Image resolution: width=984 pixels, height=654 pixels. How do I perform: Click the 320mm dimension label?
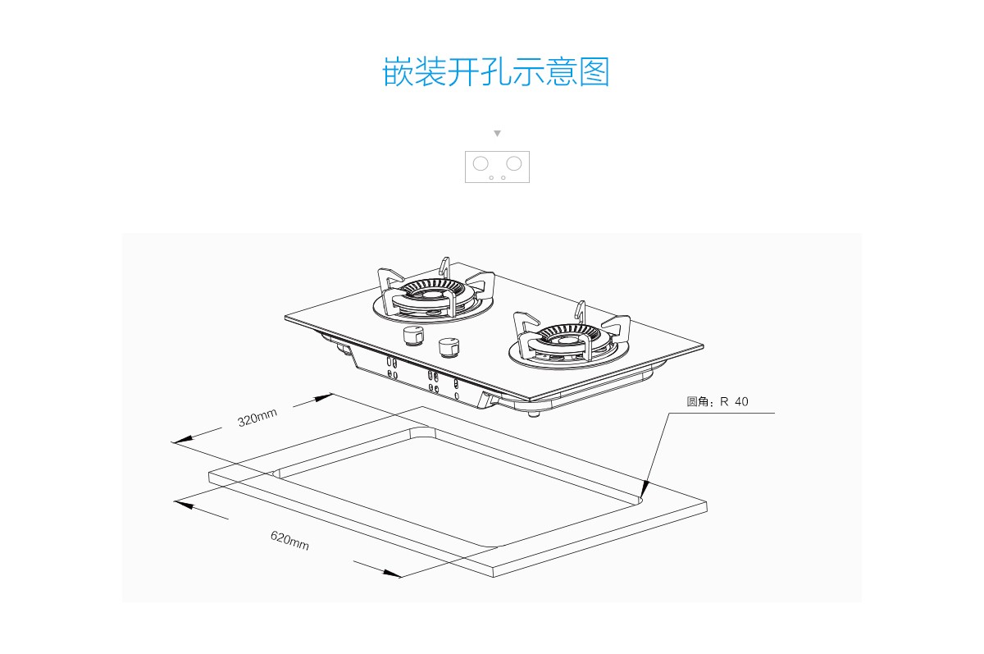pos(257,418)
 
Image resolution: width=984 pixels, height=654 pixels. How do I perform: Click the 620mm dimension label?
pos(289,541)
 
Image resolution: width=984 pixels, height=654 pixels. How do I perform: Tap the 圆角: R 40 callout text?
pos(717,402)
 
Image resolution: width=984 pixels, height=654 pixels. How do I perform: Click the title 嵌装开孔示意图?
pos(496,71)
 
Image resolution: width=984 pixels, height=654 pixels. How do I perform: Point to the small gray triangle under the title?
pos(497,133)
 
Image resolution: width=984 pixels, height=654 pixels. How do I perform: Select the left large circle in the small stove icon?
pos(481,163)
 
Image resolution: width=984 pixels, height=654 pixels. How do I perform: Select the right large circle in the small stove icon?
pos(514,163)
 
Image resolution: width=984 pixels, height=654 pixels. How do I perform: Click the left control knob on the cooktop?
pos(413,336)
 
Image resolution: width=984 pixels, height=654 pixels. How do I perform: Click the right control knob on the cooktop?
pos(449,348)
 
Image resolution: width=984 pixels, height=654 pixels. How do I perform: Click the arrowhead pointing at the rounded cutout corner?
pos(644,490)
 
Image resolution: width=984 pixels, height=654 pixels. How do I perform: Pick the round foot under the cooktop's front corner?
pos(533,413)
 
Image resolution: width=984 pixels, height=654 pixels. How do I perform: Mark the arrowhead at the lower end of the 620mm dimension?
pos(392,573)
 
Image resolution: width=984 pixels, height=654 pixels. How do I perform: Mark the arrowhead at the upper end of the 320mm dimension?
pos(324,398)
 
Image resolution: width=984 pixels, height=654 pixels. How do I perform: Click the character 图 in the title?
pos(594,71)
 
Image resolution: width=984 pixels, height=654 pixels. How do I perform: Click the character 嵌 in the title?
pos(398,71)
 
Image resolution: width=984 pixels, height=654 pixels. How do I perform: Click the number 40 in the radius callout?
pos(741,402)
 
